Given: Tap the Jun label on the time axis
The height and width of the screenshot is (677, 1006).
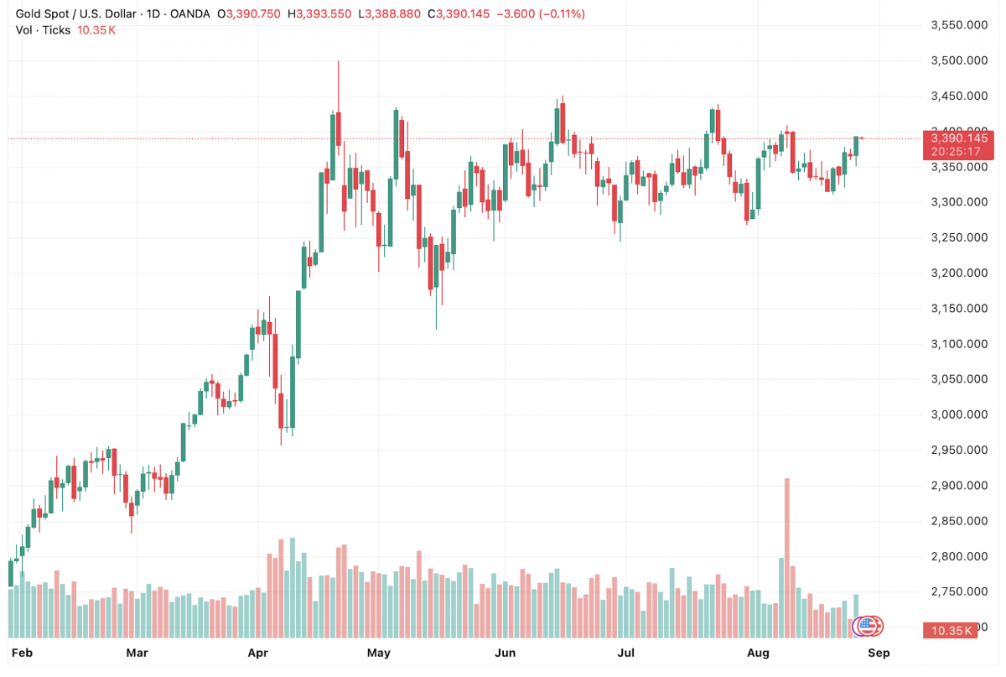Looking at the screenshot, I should (x=505, y=652).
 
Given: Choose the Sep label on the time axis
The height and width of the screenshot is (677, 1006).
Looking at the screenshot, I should (x=878, y=652).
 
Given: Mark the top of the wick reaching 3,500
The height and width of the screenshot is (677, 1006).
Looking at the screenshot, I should (x=338, y=61).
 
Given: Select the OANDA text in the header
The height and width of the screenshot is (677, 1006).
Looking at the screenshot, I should (x=189, y=14).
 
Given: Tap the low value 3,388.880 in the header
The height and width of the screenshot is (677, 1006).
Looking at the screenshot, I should (x=391, y=14).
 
